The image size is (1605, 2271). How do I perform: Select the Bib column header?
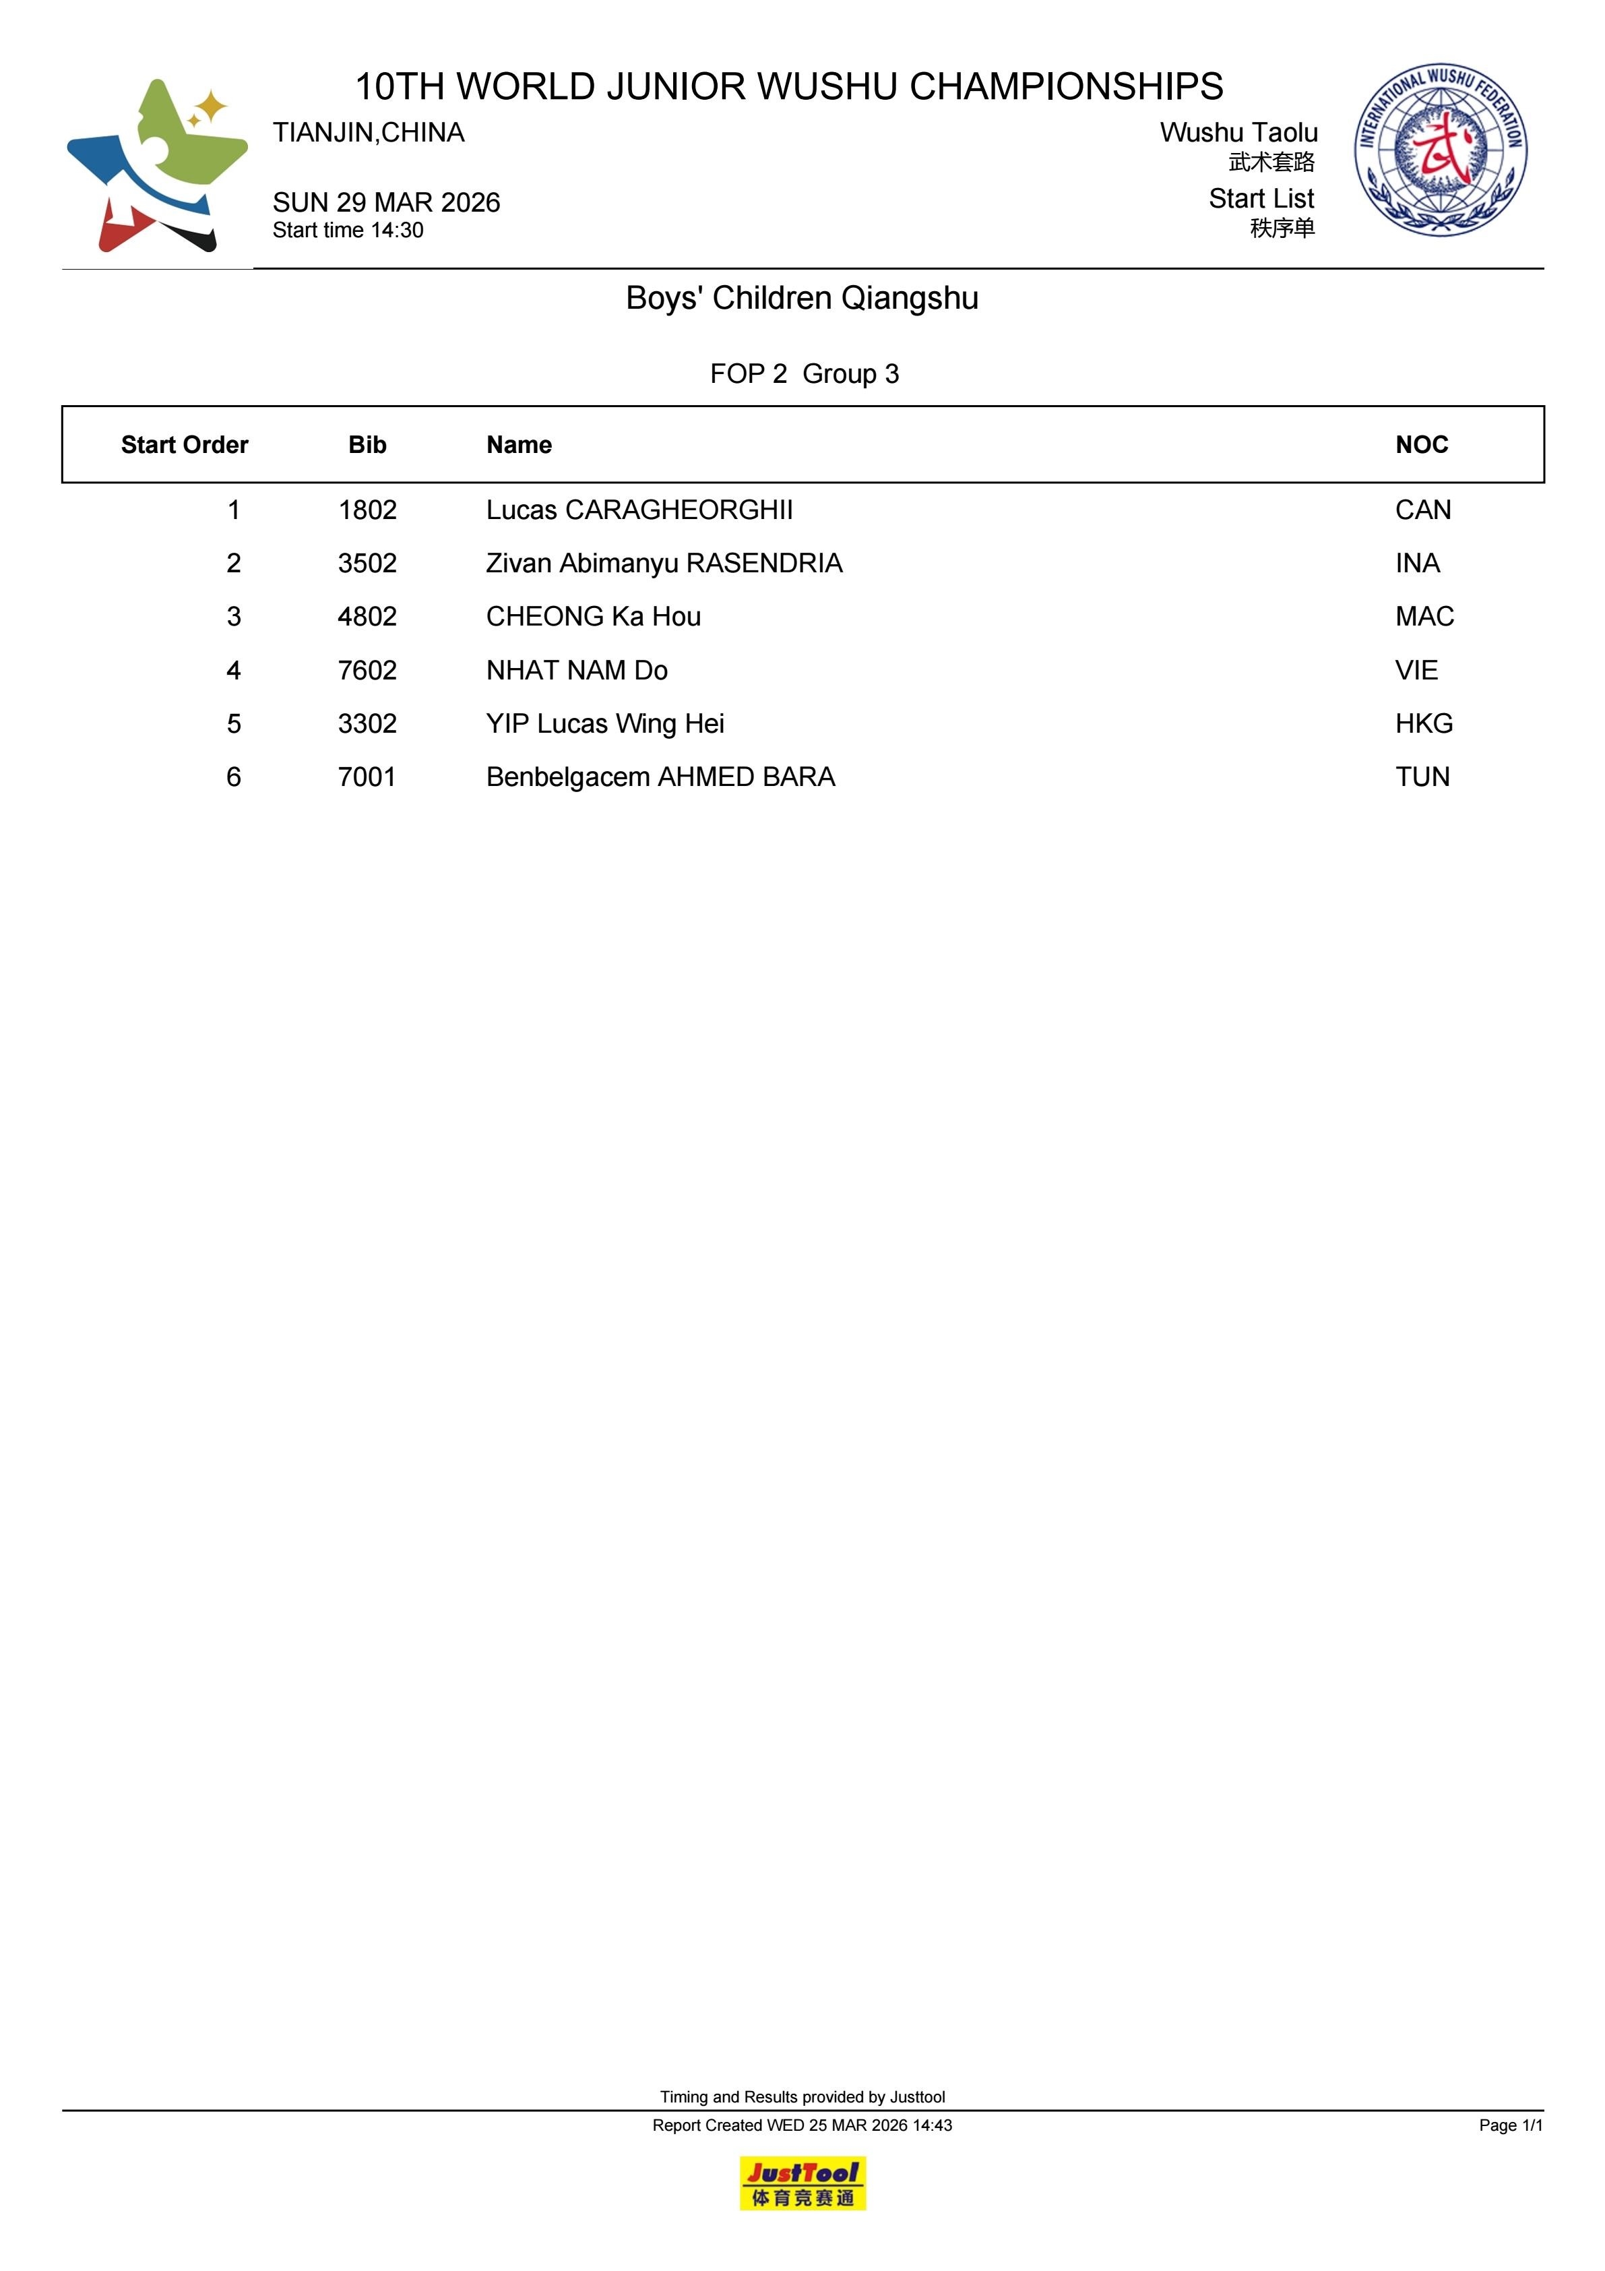[x=367, y=445]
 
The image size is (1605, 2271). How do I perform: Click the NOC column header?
[x=1421, y=445]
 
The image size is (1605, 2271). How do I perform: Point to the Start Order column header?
[x=184, y=445]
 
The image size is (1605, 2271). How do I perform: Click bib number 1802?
[x=367, y=510]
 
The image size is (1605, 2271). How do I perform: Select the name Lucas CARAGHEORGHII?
[x=639, y=510]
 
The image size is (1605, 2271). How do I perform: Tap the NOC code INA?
[x=1417, y=564]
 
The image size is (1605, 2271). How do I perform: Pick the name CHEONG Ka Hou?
[x=594, y=617]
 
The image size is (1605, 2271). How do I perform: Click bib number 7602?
[x=367, y=671]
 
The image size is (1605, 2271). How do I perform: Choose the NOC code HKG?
[x=1424, y=724]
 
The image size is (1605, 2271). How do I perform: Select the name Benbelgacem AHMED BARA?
[x=660, y=777]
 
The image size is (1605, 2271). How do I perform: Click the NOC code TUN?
[x=1422, y=777]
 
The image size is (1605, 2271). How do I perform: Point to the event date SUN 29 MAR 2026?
[x=385, y=203]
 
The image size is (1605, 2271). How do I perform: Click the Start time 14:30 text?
[x=348, y=231]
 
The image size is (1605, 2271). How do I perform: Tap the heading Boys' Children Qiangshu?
[x=802, y=299]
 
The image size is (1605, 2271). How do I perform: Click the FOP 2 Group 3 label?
[x=804, y=374]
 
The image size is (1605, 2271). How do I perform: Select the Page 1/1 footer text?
[x=1510, y=2125]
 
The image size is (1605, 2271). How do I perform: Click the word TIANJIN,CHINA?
[x=368, y=133]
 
